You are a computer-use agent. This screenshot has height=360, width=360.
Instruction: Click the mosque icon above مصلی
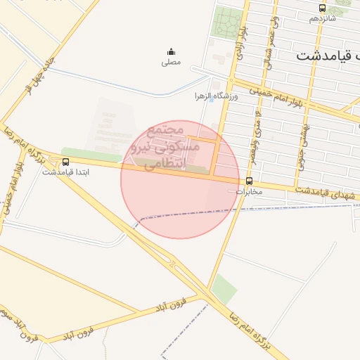(171, 51)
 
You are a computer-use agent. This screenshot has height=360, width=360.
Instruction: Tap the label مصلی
(171, 63)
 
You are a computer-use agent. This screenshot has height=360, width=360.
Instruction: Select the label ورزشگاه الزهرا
(217, 96)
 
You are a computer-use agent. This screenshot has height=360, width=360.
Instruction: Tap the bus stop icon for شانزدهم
(322, 8)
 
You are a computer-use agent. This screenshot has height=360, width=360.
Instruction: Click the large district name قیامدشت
(328, 56)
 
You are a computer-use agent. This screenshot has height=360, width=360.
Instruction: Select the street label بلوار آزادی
(240, 44)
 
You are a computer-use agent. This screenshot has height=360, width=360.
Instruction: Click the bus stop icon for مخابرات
(249, 181)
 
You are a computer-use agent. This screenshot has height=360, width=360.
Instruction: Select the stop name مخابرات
(249, 191)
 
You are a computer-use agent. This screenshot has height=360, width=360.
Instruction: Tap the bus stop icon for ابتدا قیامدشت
(66, 162)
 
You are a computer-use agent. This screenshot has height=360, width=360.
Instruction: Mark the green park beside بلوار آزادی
(226, 25)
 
